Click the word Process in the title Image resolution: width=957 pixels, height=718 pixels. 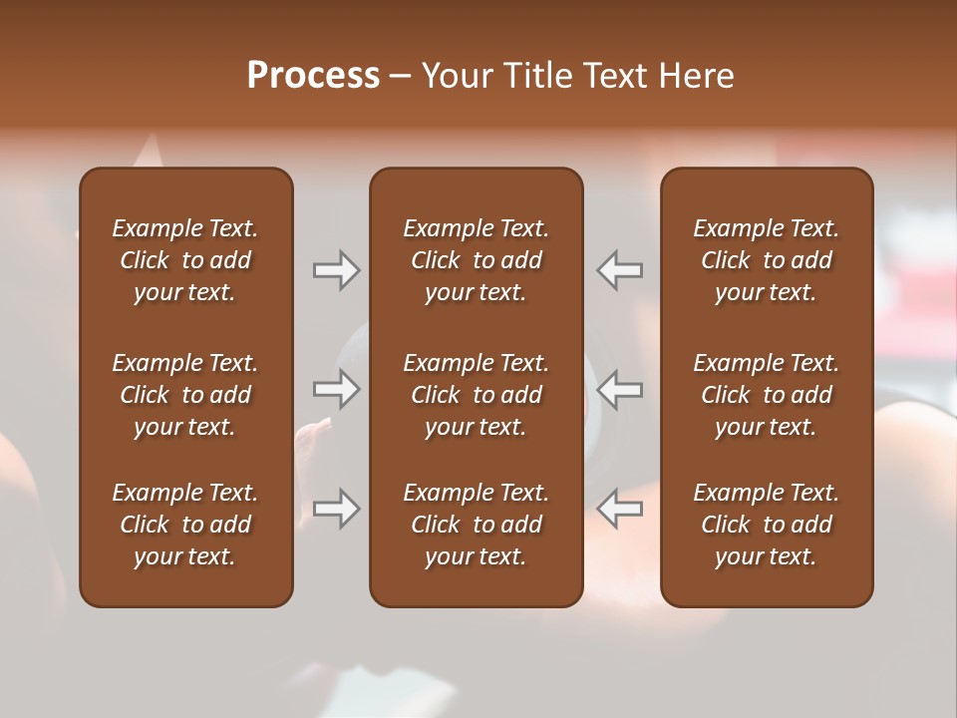[x=313, y=75]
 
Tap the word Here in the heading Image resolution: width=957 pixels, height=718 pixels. [x=697, y=75]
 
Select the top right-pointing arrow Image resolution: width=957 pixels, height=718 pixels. [x=336, y=270]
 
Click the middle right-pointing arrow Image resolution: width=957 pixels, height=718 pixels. [x=336, y=389]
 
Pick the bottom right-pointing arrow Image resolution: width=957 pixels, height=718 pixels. [x=336, y=509]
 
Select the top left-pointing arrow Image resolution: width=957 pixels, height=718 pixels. [x=620, y=270]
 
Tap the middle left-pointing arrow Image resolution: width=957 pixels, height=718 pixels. [x=620, y=389]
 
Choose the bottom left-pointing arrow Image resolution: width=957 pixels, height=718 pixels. [x=620, y=509]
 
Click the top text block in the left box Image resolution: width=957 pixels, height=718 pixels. [x=185, y=260]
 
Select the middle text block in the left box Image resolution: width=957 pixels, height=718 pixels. [x=185, y=395]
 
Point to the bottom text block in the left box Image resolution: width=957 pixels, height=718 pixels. [x=185, y=525]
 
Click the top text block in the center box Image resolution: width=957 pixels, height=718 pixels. [x=476, y=260]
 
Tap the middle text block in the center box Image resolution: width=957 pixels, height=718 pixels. [x=476, y=395]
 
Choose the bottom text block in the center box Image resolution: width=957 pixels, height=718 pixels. [x=476, y=525]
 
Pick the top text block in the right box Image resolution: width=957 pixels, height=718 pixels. [x=766, y=260]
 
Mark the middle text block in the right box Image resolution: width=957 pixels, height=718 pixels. [x=766, y=395]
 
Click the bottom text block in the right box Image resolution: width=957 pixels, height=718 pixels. [x=766, y=525]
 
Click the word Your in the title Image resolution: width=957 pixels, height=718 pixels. [x=455, y=75]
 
